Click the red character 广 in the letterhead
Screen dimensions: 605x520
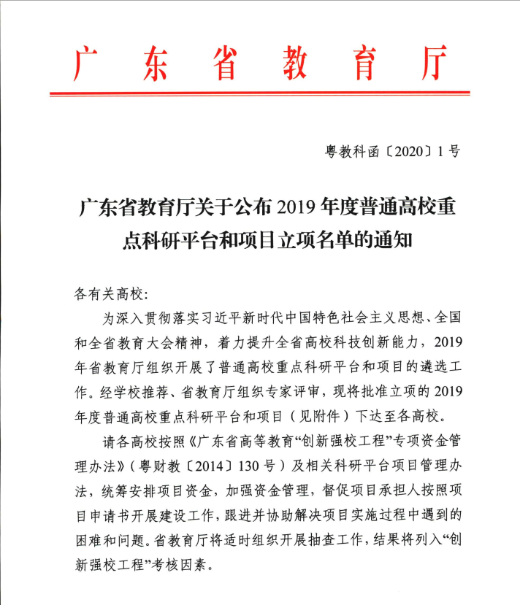[87, 66]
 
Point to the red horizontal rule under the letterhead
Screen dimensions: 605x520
[259, 93]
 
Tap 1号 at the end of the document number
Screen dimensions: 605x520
[449, 152]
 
